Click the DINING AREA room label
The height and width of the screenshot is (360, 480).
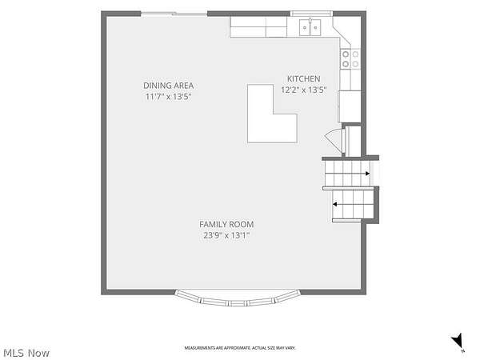click(168, 86)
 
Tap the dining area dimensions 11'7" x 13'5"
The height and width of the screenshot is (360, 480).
click(168, 97)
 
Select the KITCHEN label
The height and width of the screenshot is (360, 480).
click(304, 78)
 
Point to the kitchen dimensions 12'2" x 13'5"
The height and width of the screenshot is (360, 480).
click(304, 90)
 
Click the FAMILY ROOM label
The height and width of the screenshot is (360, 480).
click(226, 224)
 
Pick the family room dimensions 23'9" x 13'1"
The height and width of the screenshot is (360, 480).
click(226, 236)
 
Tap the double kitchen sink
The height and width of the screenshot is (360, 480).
click(310, 27)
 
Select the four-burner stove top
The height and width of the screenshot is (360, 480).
click(350, 59)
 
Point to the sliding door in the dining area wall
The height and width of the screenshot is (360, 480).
click(174, 14)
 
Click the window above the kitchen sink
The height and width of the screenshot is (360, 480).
click(311, 14)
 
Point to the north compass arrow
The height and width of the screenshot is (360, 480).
click(458, 341)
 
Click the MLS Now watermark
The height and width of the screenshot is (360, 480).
click(26, 353)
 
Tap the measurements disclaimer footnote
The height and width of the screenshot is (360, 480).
click(240, 348)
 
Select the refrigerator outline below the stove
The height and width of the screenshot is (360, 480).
click(350, 106)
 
